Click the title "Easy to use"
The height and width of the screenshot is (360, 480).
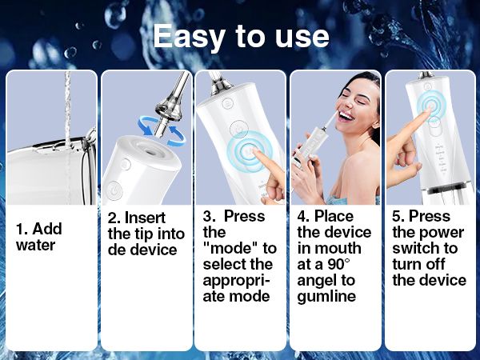tap(240, 37)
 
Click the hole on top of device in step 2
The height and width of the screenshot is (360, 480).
tap(150, 150)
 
